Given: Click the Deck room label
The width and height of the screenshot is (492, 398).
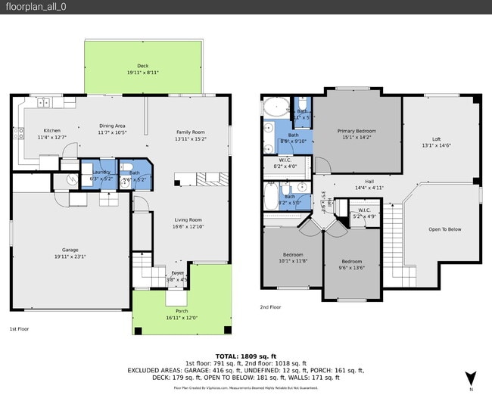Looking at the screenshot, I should coord(143,66).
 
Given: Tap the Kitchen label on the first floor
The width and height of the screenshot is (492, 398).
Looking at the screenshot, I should coord(51,130).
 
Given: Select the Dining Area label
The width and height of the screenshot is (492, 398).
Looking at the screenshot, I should coord(112,126).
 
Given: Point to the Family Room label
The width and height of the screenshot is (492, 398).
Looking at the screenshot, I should coord(191,132).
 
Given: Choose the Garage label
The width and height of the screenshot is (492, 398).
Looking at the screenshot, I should coord(70,250).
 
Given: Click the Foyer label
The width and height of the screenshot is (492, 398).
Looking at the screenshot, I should coord(177,273).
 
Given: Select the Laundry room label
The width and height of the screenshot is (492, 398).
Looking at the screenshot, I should coord(101,172).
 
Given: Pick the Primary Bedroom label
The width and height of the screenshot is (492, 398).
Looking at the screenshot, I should coord(356,131).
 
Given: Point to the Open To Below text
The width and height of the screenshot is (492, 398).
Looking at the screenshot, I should coord(444,229).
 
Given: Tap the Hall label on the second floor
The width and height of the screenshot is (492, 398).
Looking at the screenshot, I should coord(369,182).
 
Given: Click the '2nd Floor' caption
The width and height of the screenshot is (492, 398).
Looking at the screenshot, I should coord(270,307).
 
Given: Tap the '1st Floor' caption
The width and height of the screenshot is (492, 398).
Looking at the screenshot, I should coord(19,329).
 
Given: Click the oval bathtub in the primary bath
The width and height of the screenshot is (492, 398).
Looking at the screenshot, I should coord(276,107).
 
